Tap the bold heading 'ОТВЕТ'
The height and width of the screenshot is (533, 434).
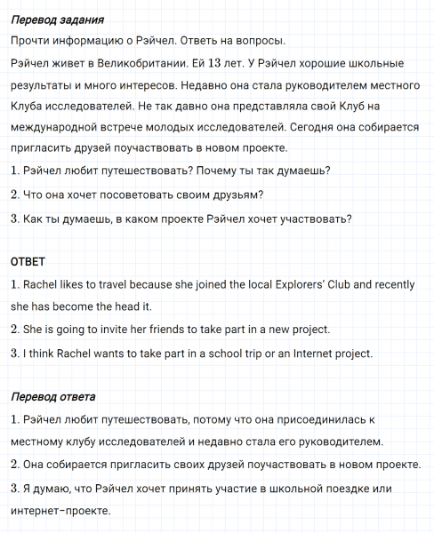[28, 263]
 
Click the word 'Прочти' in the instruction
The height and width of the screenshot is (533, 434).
[32, 41]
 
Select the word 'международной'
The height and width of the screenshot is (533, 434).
[55, 126]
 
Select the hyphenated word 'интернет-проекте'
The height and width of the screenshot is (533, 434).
[60, 511]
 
